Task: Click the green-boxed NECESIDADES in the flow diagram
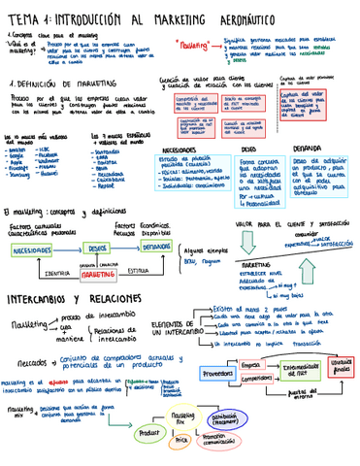pos(32,250)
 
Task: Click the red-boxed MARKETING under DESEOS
pos(98,275)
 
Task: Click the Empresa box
pos(254,364)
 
